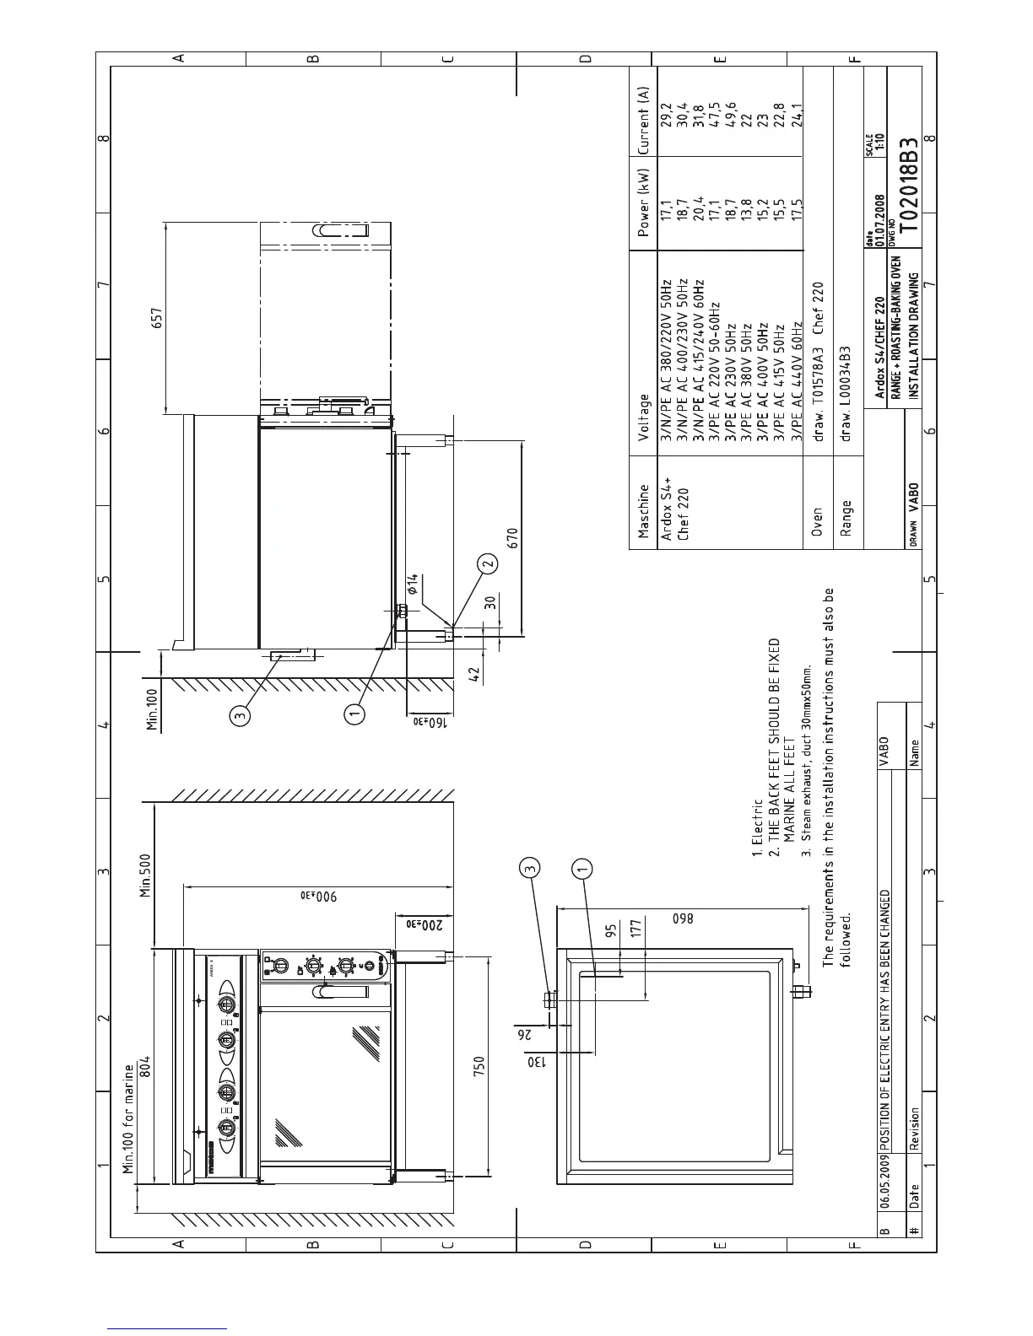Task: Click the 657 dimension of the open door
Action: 157,318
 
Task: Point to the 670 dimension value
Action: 512,538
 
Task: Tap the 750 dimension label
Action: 479,1066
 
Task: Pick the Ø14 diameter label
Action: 412,584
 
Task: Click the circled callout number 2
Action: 488,563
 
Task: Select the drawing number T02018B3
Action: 908,185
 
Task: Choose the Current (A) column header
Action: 643,121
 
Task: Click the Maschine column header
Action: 643,511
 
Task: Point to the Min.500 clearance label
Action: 145,875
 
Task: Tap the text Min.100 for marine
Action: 128,1119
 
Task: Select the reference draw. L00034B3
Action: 846,394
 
